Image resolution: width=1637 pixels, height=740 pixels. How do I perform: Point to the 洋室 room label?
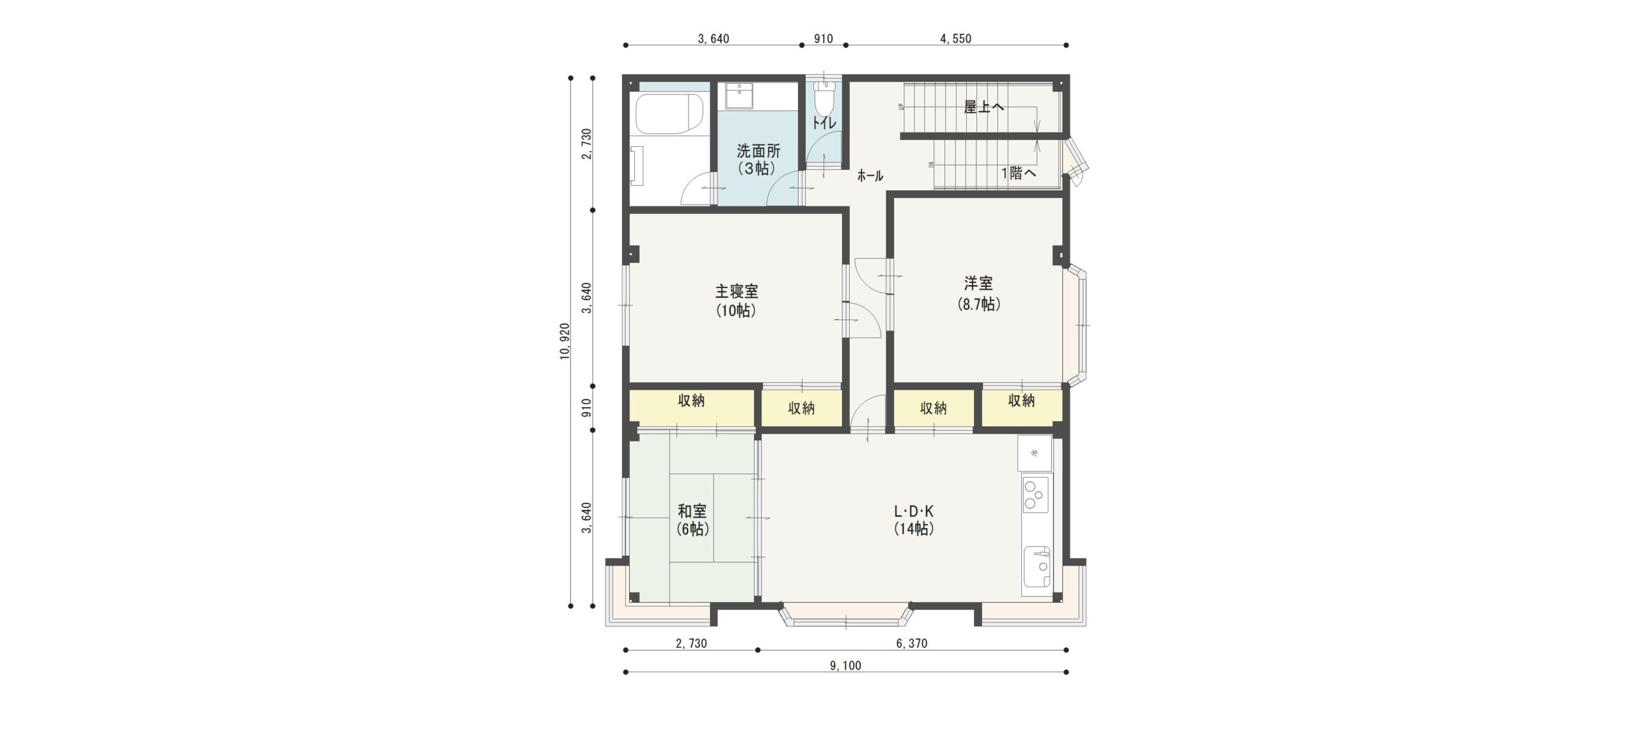coord(978,282)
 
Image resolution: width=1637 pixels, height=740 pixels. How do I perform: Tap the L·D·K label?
coord(914,511)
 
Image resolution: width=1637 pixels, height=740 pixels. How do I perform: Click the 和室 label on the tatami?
coord(693,511)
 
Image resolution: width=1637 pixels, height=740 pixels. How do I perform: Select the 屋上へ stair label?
coord(984,107)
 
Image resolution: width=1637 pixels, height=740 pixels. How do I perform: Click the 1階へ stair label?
coord(1019,173)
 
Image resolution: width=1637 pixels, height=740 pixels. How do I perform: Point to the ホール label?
coord(870,176)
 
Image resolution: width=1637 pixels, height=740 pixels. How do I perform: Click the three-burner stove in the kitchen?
coord(1035,494)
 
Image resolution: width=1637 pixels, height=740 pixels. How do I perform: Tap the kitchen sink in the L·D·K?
coord(1037,566)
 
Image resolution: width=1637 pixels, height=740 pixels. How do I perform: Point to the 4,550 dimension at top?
coord(955,38)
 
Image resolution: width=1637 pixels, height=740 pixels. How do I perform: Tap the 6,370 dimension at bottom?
coord(911,644)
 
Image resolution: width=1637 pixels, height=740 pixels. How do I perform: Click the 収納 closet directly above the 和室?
coord(691,401)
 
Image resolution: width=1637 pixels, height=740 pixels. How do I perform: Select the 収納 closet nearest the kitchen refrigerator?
coord(1021,401)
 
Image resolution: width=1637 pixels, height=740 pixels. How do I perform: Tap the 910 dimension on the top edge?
coord(823,38)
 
